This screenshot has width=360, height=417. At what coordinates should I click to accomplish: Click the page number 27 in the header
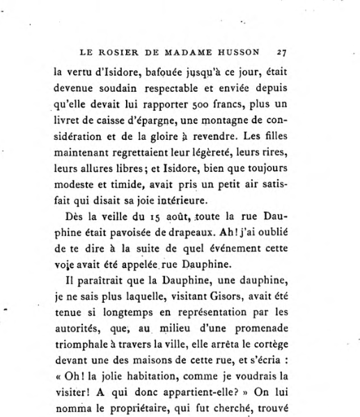(x=281, y=51)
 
